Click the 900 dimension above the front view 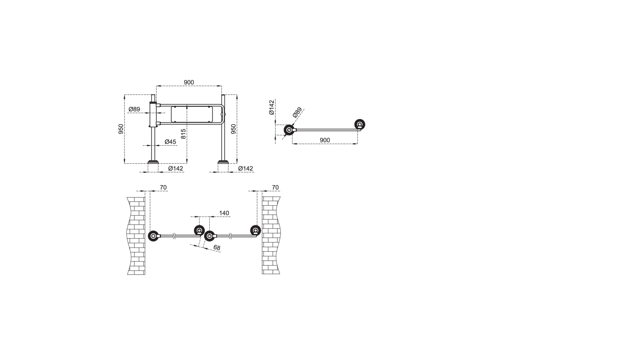point(189,83)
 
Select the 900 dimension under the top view point(324,140)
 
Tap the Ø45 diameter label point(170,142)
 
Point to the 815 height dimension point(183,134)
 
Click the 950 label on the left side point(121,129)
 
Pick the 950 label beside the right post point(234,129)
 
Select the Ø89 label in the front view point(134,109)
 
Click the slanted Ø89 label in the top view point(297,112)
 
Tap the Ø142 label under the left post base point(176,168)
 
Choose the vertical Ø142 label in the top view point(272,108)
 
